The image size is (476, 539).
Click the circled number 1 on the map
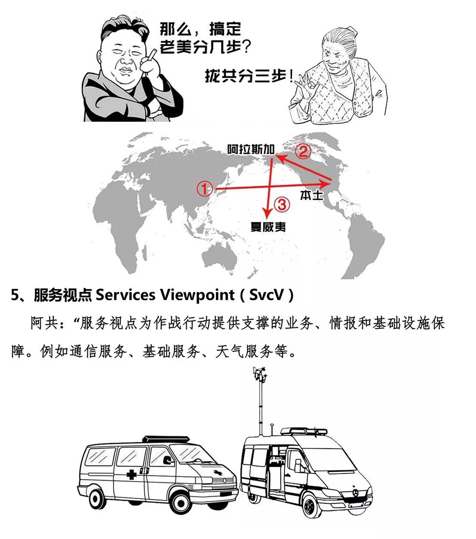[204, 189]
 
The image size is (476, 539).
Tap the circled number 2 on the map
[303, 152]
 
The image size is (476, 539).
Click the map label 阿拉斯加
[251, 149]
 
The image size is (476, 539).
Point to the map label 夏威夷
[268, 227]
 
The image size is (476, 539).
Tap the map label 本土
[311, 195]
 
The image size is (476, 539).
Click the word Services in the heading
[126, 295]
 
